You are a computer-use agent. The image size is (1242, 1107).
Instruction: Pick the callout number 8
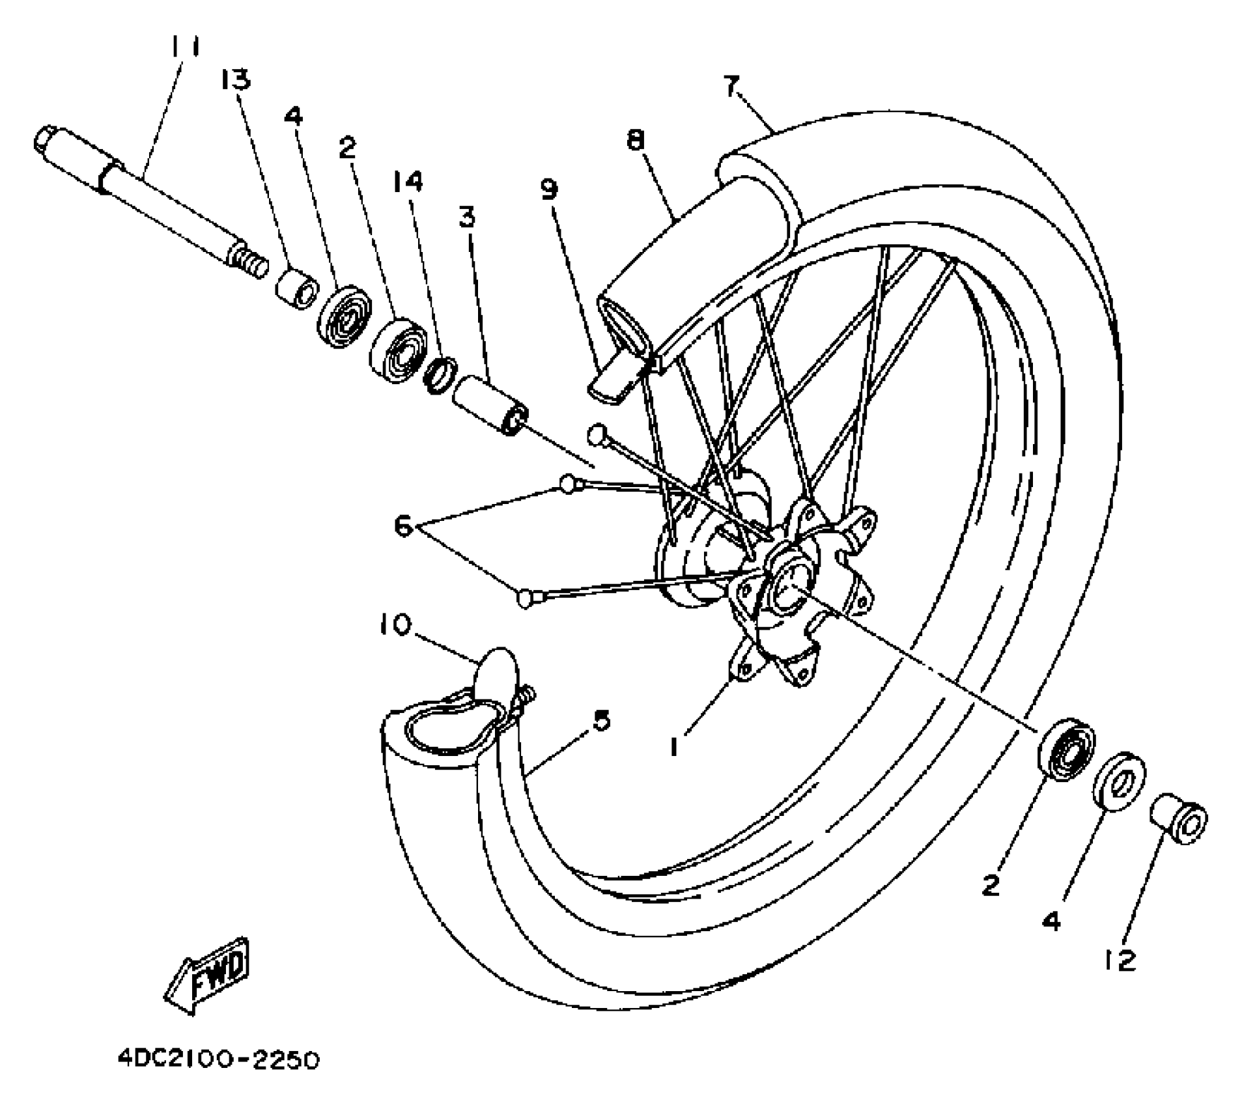tap(635, 139)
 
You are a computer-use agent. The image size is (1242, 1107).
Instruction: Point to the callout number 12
tap(1120, 960)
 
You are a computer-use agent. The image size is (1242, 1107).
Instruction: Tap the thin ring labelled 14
tap(439, 375)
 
